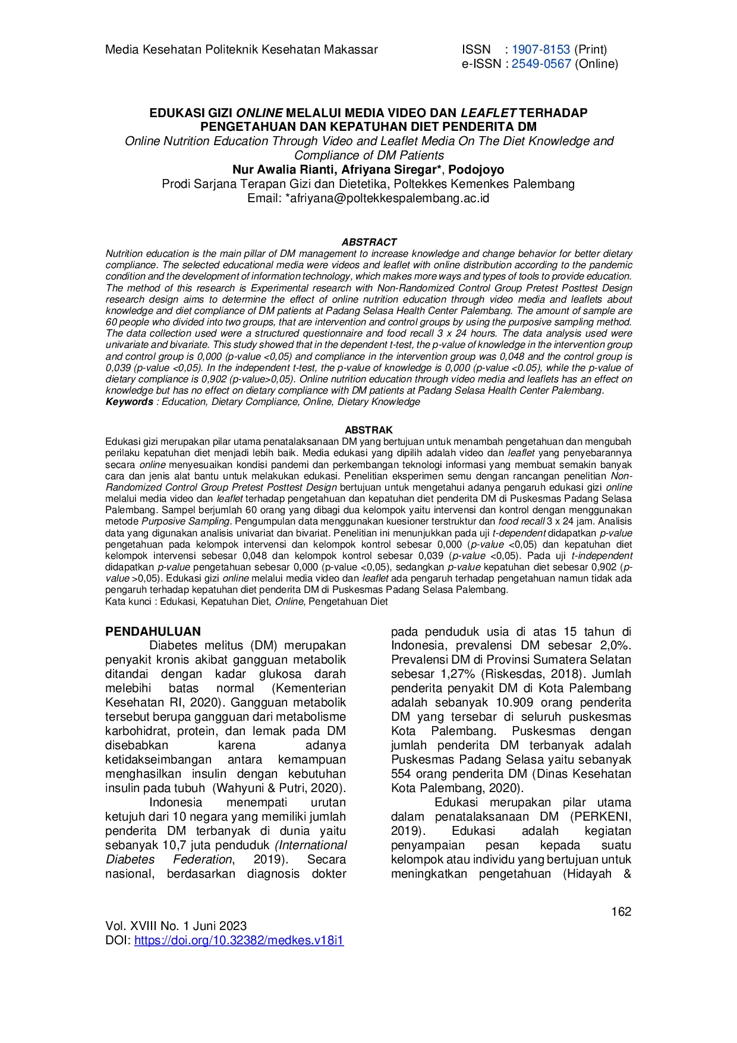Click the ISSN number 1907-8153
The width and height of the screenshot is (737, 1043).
click(x=540, y=49)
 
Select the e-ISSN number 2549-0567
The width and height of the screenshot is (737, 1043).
click(x=541, y=64)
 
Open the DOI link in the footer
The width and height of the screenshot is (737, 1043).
click(x=238, y=940)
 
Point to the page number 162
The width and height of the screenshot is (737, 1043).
click(x=621, y=912)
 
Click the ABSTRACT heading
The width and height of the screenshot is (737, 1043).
click(x=368, y=242)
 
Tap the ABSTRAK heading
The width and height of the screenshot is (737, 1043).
click(x=368, y=430)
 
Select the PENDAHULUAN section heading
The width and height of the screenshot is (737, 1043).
click(x=153, y=632)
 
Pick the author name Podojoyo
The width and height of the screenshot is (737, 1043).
click(x=476, y=169)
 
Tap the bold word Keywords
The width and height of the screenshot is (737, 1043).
click(x=129, y=402)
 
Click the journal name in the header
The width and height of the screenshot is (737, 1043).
click(x=241, y=49)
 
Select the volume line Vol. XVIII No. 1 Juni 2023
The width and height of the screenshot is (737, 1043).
click(x=176, y=926)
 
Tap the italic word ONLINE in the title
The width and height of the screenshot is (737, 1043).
click(x=259, y=112)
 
